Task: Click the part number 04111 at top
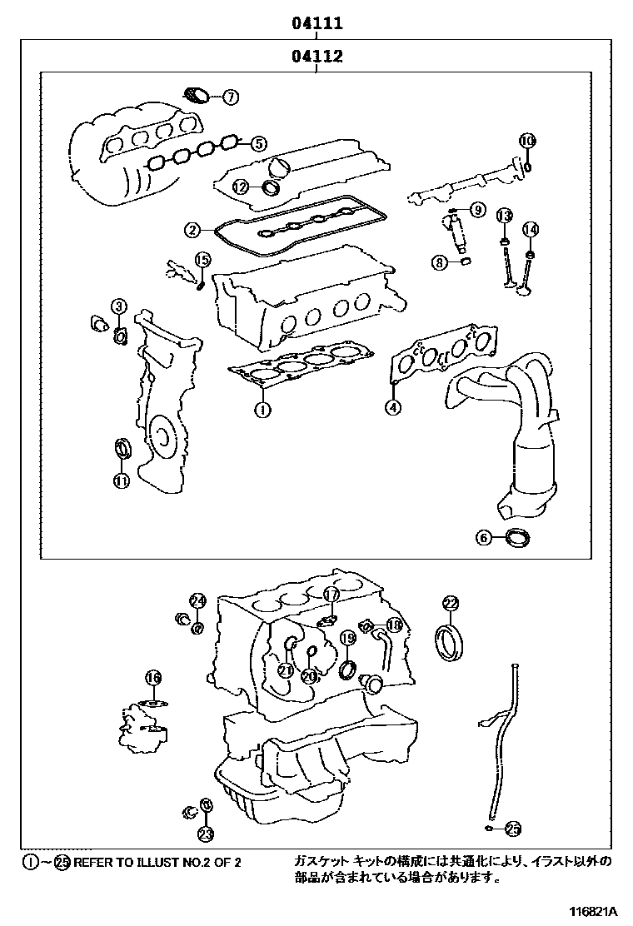pyautogui.click(x=317, y=25)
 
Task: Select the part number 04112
pyautogui.click(x=317, y=57)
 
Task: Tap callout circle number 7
pyautogui.click(x=230, y=97)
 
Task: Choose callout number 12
pyautogui.click(x=240, y=187)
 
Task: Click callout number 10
pyautogui.click(x=526, y=141)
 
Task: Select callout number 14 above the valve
pyautogui.click(x=531, y=230)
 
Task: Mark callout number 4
pyautogui.click(x=391, y=406)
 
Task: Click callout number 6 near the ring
pyautogui.click(x=484, y=538)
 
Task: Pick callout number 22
pyautogui.click(x=450, y=603)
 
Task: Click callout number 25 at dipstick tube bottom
pyautogui.click(x=513, y=828)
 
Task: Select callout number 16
pyautogui.click(x=152, y=679)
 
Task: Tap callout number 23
pyautogui.click(x=205, y=833)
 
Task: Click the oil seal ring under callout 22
pyautogui.click(x=451, y=644)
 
